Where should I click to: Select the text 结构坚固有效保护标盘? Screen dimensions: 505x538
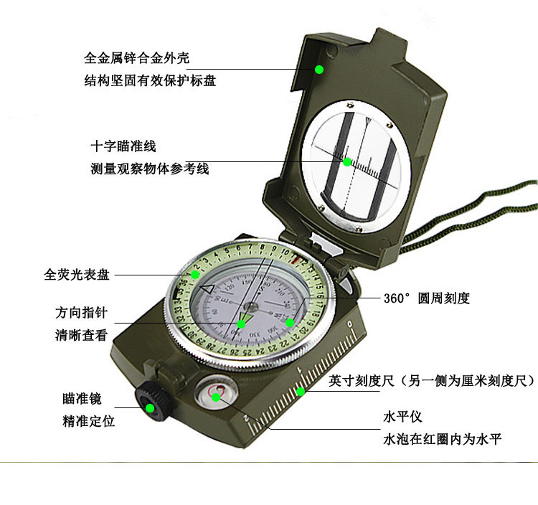(x=149, y=81)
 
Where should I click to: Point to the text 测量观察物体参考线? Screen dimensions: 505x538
(x=149, y=169)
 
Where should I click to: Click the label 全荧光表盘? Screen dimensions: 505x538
(x=77, y=274)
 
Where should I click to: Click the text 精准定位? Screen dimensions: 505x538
(x=88, y=421)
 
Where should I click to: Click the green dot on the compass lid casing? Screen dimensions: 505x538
(x=319, y=70)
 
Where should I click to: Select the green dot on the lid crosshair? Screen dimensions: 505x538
(x=347, y=162)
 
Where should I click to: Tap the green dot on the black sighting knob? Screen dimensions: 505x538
(x=151, y=409)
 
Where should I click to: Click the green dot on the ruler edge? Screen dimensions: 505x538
(x=301, y=391)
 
